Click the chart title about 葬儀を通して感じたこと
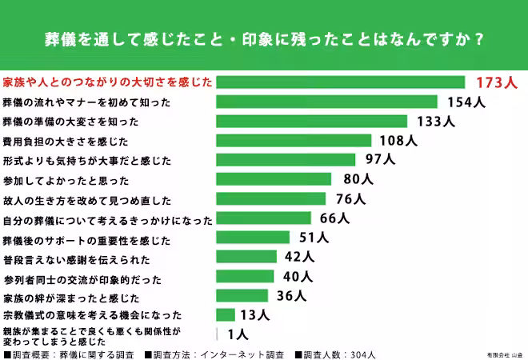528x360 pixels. [264, 38]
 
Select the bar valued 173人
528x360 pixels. [341, 82]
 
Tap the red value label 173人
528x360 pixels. [497, 82]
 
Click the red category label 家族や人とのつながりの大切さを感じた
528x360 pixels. [107, 82]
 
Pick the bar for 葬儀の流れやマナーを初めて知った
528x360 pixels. [327, 102]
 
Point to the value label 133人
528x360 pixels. [435, 122]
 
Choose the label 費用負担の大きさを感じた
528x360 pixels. [66, 141]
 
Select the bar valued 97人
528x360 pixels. [286, 160]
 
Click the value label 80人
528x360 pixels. [358, 179]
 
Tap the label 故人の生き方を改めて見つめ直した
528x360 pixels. [86, 199]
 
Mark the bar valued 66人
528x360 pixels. [264, 218]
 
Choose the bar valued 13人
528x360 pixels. [226, 315]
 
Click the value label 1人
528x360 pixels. [238, 334]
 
